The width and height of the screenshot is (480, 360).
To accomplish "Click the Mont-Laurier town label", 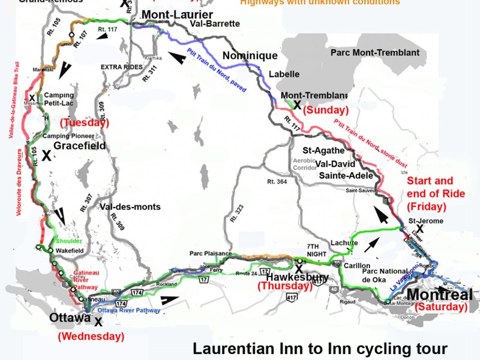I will [x=176, y=13].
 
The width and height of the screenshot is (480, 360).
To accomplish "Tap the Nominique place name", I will [x=250, y=56].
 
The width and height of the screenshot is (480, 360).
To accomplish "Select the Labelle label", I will [x=283, y=75].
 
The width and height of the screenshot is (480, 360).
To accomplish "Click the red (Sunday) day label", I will [x=326, y=110].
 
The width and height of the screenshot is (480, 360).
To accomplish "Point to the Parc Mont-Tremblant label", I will [x=375, y=53].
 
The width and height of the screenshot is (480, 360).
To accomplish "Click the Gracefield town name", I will [x=80, y=146].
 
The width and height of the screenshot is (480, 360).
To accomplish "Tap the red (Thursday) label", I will [x=285, y=287].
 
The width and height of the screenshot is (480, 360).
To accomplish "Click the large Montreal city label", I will [x=440, y=295].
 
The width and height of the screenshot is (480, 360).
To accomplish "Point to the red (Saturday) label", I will [x=441, y=307].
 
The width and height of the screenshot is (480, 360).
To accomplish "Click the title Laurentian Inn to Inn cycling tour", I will [x=320, y=348].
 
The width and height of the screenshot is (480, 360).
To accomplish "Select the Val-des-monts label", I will [x=130, y=207].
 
